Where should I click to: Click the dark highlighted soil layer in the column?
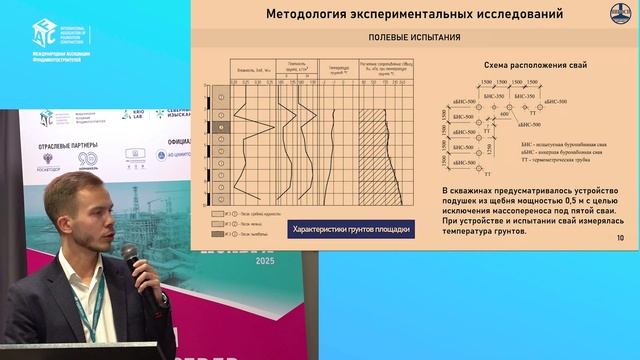click(219, 129)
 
